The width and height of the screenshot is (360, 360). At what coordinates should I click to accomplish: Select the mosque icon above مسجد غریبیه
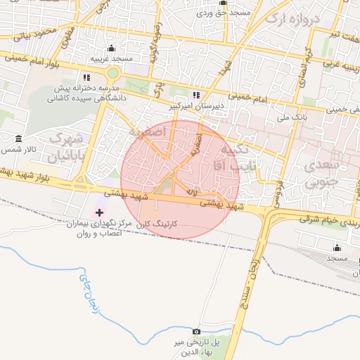coord(111,48)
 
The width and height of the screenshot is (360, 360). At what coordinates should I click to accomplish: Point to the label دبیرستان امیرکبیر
coord(196,106)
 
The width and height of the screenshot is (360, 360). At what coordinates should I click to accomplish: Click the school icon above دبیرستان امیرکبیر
coord(196,95)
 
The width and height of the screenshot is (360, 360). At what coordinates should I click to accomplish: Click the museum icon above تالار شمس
coord(17,138)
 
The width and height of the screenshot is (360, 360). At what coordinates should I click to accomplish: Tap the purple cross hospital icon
coord(99,212)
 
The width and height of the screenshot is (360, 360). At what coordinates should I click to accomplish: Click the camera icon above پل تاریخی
coord(196,331)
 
